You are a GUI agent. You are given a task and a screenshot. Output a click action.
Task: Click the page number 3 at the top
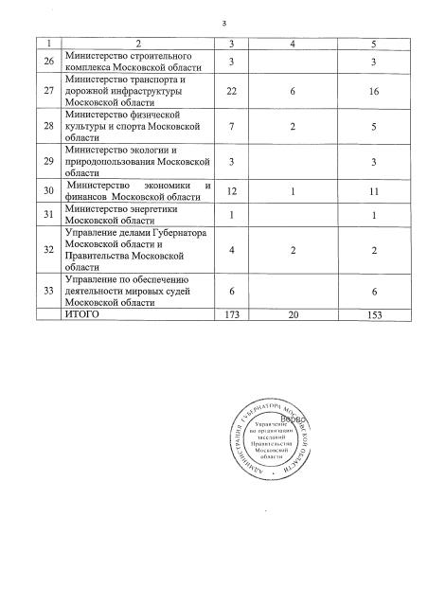[x=223, y=24]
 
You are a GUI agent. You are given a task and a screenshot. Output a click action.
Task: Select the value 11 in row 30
[x=378, y=219]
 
